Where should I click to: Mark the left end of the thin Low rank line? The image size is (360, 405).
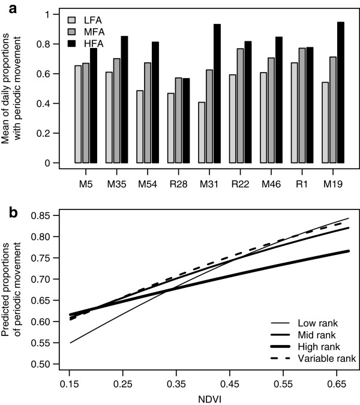70,343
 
